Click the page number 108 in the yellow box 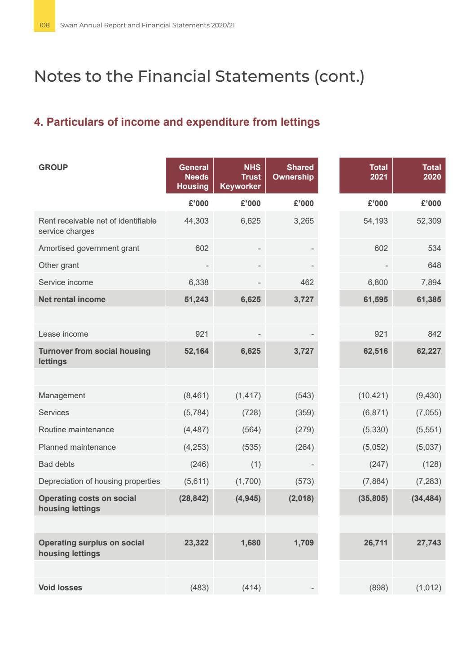tap(44, 25)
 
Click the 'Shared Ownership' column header tap(293, 172)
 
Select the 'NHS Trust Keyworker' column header tap(240, 177)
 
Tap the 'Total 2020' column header tap(431, 172)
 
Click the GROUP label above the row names tap(53, 167)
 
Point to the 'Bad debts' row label tap(57, 464)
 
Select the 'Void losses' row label tap(60, 588)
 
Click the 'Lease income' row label tap(63, 334)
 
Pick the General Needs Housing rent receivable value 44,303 tap(196, 221)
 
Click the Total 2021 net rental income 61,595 tap(375, 299)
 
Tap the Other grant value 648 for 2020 tap(434, 265)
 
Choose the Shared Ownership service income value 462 tap(307, 282)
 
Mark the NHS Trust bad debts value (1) tap(255, 464)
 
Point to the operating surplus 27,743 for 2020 tap(428, 543)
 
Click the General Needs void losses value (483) tap(199, 588)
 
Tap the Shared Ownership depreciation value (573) tap(304, 481)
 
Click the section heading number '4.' tap(38, 122)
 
